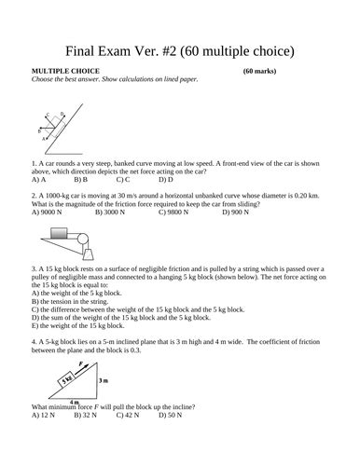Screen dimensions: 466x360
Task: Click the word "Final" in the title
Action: (x=89, y=48)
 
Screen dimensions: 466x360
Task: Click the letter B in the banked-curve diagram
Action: (x=40, y=132)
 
